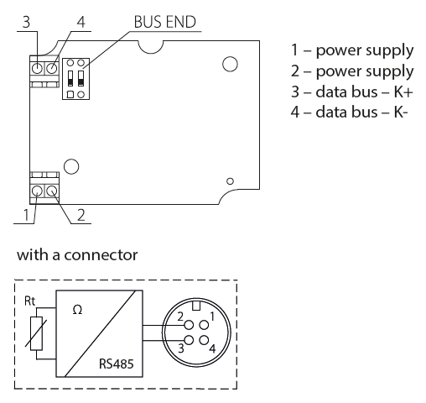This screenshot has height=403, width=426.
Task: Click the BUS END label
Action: pyautogui.click(x=165, y=22)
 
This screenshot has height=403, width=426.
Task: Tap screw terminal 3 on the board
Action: pyautogui.click(x=37, y=68)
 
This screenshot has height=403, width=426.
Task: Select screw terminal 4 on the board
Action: pyautogui.click(x=52, y=68)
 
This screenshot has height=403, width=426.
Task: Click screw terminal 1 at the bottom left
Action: pyautogui.click(x=37, y=191)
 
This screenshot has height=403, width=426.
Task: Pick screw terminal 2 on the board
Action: pyautogui.click(x=52, y=191)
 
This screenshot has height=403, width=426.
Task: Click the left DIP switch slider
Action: pyautogui.click(x=70, y=78)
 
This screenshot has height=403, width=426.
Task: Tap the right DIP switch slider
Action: pyautogui.click(x=81, y=78)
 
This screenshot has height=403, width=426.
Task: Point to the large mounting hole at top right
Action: pyautogui.click(x=230, y=64)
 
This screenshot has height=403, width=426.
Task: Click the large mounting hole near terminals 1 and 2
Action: pyautogui.click(x=71, y=166)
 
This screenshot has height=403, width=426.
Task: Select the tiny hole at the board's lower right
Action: pyautogui.click(x=230, y=181)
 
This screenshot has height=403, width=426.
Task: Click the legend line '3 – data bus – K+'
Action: pyautogui.click(x=351, y=92)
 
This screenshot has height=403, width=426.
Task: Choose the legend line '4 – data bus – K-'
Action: pyautogui.click(x=349, y=113)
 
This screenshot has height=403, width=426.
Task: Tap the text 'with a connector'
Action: pyautogui.click(x=77, y=255)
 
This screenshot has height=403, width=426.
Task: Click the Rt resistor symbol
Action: pyautogui.click(x=36, y=333)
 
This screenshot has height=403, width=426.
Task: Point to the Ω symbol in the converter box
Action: pyautogui.click(x=77, y=310)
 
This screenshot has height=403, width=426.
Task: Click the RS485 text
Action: pyautogui.click(x=117, y=364)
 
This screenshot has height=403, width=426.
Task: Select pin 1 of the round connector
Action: pyautogui.click(x=205, y=325)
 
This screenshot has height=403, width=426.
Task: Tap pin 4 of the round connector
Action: pyautogui.click(x=205, y=340)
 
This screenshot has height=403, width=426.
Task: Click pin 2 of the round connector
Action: pyautogui.click(x=190, y=325)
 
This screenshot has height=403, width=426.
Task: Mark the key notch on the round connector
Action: pyautogui.click(x=196, y=306)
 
